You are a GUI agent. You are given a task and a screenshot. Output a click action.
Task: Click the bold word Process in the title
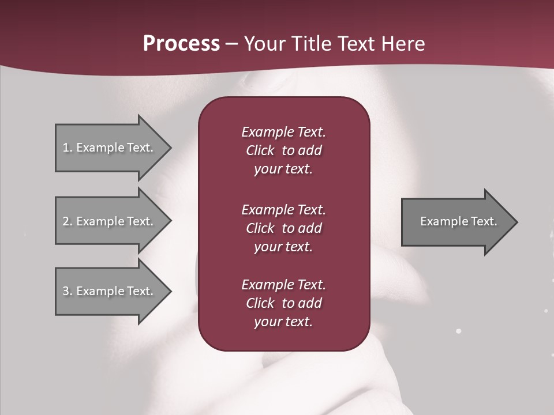click(x=181, y=44)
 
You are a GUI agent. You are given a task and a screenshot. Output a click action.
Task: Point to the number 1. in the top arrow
click(x=67, y=148)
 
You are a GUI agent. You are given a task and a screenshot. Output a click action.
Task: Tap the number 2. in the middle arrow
click(x=67, y=221)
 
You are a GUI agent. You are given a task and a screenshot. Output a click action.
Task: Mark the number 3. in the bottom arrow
click(x=67, y=291)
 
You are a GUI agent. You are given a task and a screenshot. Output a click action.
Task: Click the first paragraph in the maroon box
click(x=283, y=150)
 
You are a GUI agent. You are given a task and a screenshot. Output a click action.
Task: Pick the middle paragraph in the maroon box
click(x=283, y=228)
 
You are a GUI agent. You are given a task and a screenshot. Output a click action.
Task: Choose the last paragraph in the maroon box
click(x=283, y=303)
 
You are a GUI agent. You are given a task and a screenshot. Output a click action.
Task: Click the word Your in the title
click(x=264, y=44)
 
